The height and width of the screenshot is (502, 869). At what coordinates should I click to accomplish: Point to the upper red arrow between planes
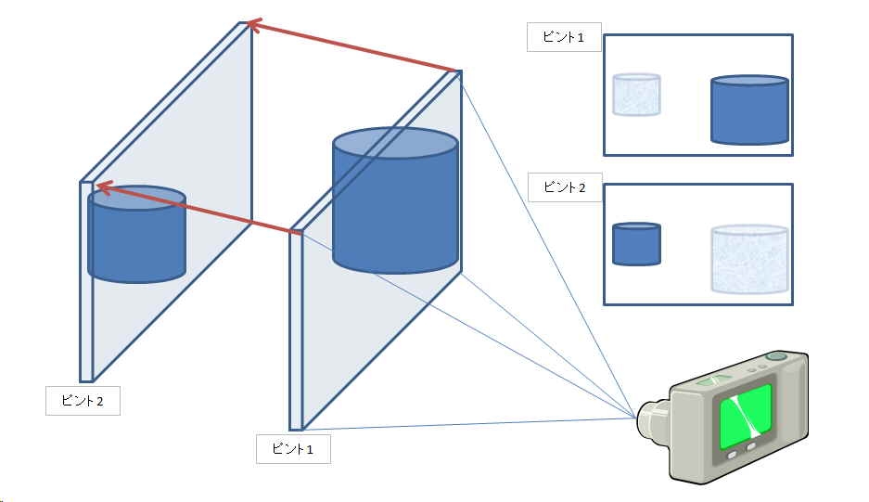point(352,46)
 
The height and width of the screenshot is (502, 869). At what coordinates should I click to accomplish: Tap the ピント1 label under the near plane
point(293,449)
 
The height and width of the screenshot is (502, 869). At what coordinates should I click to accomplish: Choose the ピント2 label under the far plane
point(83,401)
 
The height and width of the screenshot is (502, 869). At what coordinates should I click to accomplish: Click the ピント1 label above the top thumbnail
point(564,37)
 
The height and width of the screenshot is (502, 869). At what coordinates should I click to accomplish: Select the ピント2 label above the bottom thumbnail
point(564,187)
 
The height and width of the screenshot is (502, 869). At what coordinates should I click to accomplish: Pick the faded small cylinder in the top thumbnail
point(636,96)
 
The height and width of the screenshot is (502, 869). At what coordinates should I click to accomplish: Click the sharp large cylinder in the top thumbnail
point(749,111)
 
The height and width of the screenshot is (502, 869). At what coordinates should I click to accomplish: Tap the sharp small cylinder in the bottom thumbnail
point(636,244)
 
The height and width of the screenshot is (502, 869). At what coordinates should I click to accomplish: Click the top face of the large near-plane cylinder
point(396,144)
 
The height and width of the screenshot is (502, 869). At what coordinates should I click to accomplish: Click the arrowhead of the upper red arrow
point(251,25)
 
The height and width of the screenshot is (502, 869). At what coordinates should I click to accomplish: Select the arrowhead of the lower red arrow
point(103,187)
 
